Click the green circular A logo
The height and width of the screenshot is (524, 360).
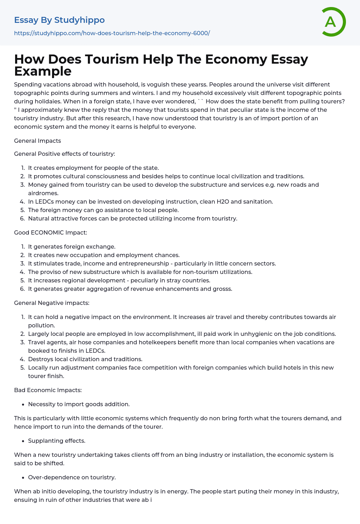click(x=333, y=22)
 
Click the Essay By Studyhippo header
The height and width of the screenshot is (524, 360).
click(x=59, y=20)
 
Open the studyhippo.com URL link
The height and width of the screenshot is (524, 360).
click(x=112, y=33)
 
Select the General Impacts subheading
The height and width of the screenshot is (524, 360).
click(x=37, y=141)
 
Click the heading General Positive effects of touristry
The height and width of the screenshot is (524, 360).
click(x=64, y=154)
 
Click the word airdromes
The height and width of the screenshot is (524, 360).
click(x=43, y=193)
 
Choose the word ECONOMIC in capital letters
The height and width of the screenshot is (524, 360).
click(x=47, y=232)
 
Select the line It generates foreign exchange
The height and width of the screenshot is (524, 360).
click(x=72, y=247)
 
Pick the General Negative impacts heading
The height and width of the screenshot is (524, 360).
click(x=52, y=303)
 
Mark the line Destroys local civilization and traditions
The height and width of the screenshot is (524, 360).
click(x=85, y=359)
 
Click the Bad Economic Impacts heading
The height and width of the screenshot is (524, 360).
click(x=48, y=390)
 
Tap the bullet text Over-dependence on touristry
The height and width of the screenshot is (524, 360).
click(x=72, y=477)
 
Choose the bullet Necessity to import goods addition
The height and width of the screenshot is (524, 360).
click(x=79, y=404)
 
